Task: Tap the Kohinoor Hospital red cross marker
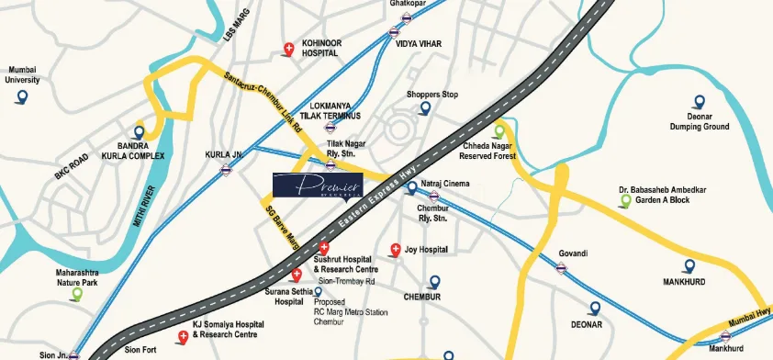click(289, 48)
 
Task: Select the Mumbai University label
click(24, 74)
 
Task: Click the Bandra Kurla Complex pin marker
click(140, 131)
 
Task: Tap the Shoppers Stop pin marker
click(425, 108)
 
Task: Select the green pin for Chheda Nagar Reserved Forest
click(500, 130)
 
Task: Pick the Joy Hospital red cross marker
click(396, 249)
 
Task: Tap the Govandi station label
click(572, 253)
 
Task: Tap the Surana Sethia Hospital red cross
click(296, 276)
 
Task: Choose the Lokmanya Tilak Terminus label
click(335, 111)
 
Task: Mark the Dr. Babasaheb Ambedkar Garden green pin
click(626, 200)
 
